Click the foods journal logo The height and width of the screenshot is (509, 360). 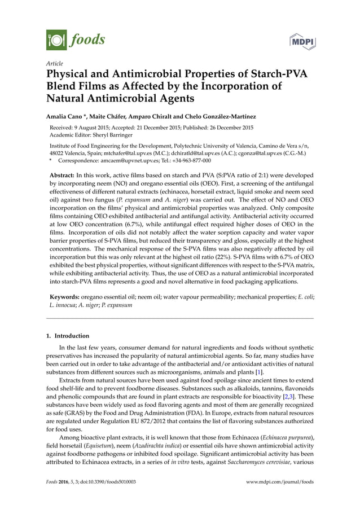pos(75,40)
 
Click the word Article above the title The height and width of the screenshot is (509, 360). pos(54,63)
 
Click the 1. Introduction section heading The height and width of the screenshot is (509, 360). pos(67,336)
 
